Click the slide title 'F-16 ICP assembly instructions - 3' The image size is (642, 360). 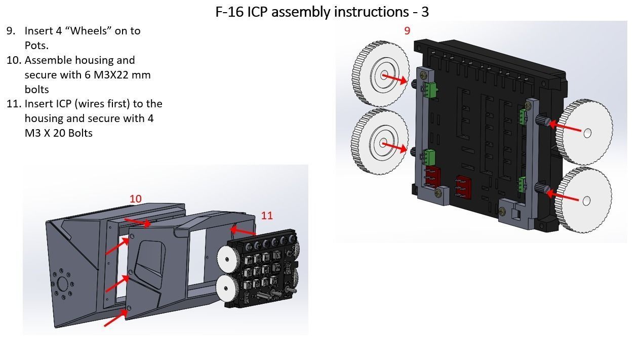322,12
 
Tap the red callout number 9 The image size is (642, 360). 407,31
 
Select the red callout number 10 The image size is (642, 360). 135,199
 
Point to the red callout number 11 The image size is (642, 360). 267,216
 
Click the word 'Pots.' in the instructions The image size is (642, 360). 36,46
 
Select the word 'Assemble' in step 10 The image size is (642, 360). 48,60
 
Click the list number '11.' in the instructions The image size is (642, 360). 14,104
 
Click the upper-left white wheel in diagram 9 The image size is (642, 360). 380,75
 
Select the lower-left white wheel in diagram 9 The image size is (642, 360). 380,143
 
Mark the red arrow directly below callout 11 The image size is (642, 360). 243,231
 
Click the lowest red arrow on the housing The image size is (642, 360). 115,318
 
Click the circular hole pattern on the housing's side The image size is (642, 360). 63,284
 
